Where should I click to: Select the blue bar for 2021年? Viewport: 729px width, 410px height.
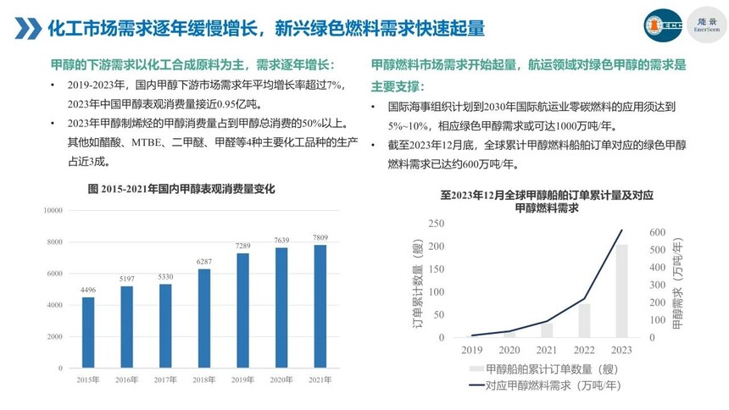point(320,306)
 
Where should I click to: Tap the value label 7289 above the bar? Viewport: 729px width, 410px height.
point(242,246)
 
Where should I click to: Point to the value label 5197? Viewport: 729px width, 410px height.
point(126,279)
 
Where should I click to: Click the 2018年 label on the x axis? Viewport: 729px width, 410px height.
point(204,380)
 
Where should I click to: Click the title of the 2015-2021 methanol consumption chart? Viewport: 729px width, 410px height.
point(181,189)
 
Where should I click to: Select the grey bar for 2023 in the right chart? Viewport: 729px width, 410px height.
point(621,291)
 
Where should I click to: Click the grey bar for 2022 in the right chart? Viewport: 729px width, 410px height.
point(584,320)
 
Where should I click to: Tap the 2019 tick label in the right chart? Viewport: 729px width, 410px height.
point(471,349)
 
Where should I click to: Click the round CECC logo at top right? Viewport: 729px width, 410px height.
point(663,25)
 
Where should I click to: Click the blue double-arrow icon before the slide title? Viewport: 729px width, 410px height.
point(30,28)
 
